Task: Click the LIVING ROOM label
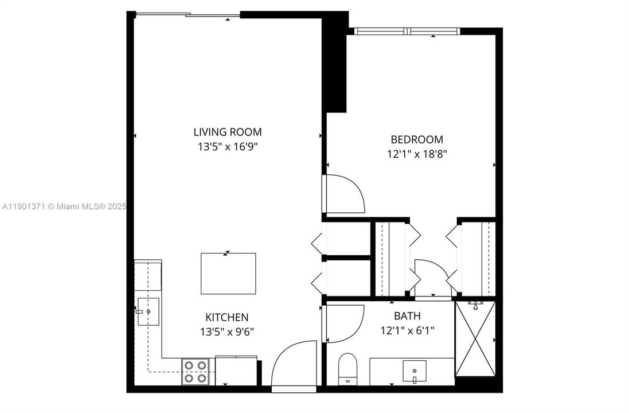pyautogui.click(x=227, y=132)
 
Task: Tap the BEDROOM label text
pyautogui.click(x=416, y=139)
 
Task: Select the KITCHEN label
pyautogui.click(x=226, y=317)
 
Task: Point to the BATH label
pyautogui.click(x=407, y=316)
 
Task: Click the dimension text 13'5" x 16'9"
pyautogui.click(x=227, y=147)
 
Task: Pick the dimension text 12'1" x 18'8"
pyautogui.click(x=416, y=154)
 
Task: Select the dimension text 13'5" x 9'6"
pyautogui.click(x=226, y=331)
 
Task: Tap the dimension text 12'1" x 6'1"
pyautogui.click(x=407, y=330)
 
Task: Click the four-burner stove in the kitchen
pyautogui.click(x=195, y=371)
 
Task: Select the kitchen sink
pyautogui.click(x=148, y=311)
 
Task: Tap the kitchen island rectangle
pyautogui.click(x=228, y=273)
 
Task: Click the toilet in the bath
pyautogui.click(x=347, y=369)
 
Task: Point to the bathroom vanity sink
pyautogui.click(x=414, y=371)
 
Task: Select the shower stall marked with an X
pyautogui.click(x=475, y=338)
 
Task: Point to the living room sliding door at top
pyautogui.click(x=187, y=14)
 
